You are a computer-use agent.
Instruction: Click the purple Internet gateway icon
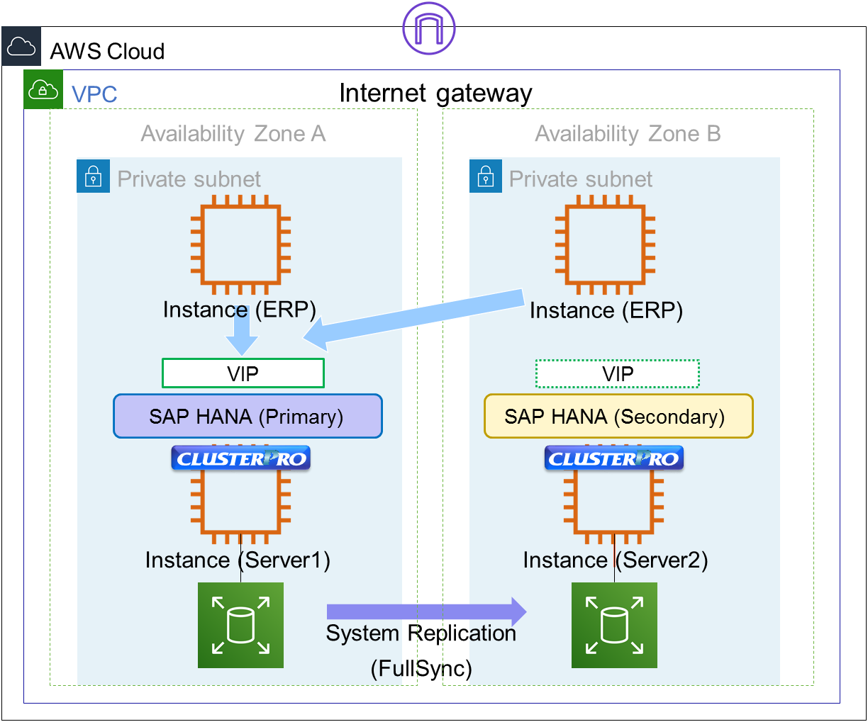pos(428,28)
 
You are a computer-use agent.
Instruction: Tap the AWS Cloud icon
pos(21,47)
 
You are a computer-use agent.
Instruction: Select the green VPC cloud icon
pos(43,90)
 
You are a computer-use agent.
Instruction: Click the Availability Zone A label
pos(233,134)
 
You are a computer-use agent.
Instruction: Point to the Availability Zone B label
pos(628,134)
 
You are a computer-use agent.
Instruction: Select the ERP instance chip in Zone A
pos(240,244)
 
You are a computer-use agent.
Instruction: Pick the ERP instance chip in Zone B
pos(605,244)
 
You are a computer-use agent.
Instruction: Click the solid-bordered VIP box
pos(243,373)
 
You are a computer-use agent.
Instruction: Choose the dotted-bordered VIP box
pos(618,374)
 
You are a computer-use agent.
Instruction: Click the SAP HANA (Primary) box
pos(247,417)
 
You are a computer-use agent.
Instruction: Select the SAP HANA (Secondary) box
pos(618,417)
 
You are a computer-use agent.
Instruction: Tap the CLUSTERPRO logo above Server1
pos(241,458)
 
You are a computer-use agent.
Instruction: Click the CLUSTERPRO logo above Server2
pos(613,458)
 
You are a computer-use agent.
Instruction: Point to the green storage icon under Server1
pos(240,625)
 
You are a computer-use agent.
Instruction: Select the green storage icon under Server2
pos(614,625)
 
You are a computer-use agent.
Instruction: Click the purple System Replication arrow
pos(425,611)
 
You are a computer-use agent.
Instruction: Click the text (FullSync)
pos(421,668)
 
